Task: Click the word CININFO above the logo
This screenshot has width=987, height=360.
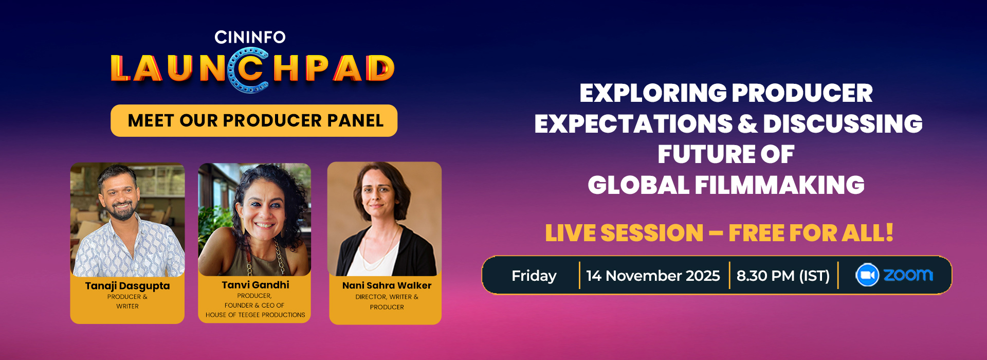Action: tap(250, 37)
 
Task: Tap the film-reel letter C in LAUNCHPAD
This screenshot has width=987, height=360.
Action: tap(249, 70)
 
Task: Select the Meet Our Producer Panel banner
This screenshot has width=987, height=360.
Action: tap(254, 120)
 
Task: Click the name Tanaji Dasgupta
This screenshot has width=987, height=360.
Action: tap(127, 286)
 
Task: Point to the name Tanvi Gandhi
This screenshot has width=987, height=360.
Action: tap(255, 285)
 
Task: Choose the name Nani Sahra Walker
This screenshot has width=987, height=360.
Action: tap(387, 285)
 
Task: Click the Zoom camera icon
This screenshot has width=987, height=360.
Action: tap(867, 275)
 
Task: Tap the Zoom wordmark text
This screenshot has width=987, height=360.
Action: tap(908, 275)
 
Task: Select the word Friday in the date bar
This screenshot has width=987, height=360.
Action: tap(534, 276)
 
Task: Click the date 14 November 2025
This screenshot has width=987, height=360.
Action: tap(653, 276)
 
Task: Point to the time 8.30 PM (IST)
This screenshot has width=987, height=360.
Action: tap(783, 276)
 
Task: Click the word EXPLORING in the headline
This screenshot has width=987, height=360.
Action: tap(652, 93)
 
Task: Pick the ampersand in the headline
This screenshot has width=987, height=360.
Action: tap(747, 124)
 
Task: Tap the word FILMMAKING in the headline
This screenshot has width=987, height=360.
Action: tap(779, 185)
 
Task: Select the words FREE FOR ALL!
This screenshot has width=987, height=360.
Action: tap(811, 233)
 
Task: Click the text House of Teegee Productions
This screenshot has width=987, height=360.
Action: tap(255, 315)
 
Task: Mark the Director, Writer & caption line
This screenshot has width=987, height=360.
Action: tap(387, 297)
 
